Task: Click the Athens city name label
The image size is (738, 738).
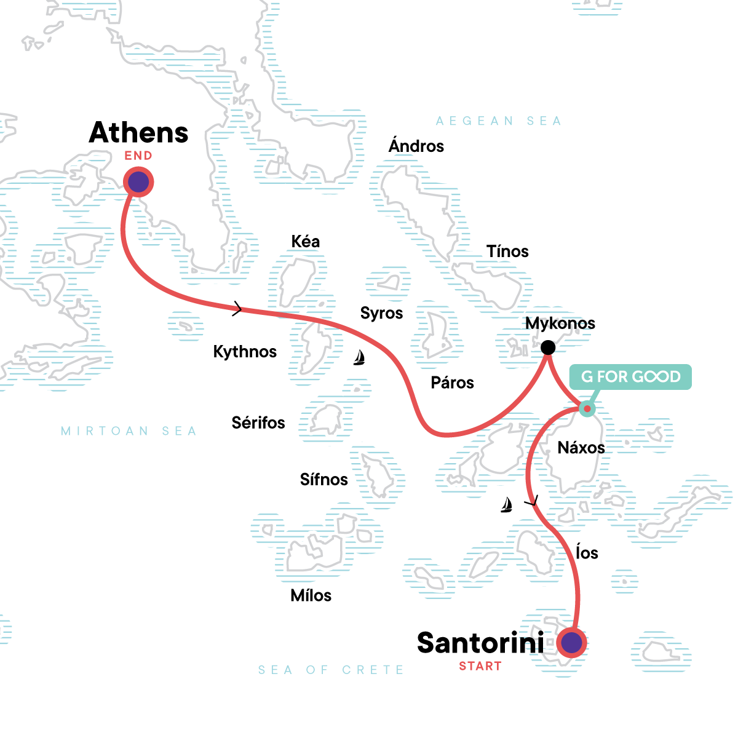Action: (138, 132)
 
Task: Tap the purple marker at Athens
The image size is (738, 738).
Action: (138, 183)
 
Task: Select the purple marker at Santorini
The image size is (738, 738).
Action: (572, 643)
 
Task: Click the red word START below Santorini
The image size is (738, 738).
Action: (480, 666)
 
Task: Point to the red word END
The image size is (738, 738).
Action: (138, 156)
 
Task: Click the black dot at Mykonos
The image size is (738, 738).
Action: (547, 347)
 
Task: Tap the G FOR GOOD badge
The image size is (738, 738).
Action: (630, 376)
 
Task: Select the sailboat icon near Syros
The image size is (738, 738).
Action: (360, 357)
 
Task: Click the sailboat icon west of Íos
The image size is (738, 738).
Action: (506, 505)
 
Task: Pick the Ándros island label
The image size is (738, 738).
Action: (416, 146)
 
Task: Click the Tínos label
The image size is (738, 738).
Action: (507, 252)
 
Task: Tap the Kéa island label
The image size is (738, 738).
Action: (306, 242)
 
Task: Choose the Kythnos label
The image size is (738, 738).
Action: (245, 352)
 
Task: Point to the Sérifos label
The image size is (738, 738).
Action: (258, 423)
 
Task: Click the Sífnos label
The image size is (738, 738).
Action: (324, 480)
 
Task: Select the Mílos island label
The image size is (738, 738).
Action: (311, 595)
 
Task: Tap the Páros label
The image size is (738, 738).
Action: (453, 383)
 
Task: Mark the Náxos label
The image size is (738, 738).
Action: (581, 448)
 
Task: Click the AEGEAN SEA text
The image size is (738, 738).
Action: (499, 121)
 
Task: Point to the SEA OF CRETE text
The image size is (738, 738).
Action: (331, 670)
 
